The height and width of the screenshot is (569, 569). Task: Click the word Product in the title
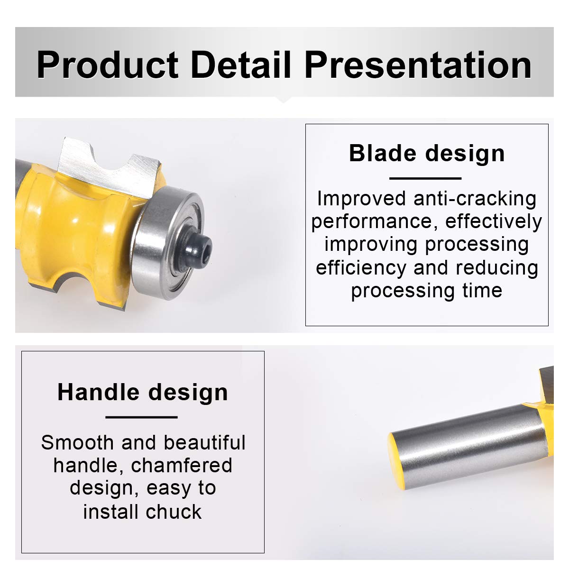click(108, 64)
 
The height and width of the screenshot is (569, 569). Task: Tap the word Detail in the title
click(241, 64)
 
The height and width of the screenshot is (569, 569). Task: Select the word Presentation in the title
click(418, 64)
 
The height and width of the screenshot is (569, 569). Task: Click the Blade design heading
click(427, 154)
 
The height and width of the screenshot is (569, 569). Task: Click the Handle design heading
click(143, 393)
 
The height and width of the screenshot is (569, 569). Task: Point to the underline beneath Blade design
click(425, 178)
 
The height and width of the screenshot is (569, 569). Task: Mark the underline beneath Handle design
click(141, 417)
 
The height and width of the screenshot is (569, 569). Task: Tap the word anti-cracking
click(475, 199)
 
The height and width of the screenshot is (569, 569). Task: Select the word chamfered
click(181, 466)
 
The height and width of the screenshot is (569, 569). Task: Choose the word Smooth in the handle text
click(77, 443)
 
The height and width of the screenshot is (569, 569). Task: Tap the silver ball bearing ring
click(167, 243)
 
